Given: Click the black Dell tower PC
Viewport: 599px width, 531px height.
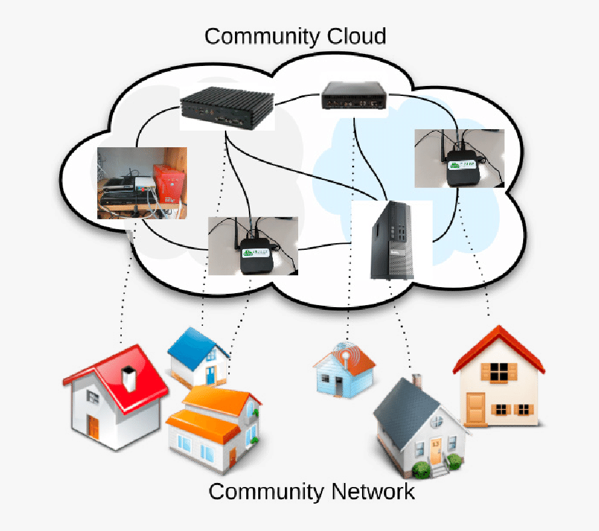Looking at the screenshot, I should coord(391,241).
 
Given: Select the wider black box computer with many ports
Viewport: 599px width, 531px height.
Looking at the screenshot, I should coord(227,108).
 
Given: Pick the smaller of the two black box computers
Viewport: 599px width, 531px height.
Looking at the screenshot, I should coord(355,97).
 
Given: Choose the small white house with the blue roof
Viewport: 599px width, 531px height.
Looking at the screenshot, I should coord(200,356).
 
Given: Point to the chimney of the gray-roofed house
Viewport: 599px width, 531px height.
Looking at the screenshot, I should coord(417,380).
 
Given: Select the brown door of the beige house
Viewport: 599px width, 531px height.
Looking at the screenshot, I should coord(475,406).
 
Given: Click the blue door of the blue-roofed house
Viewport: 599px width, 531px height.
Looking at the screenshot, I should coord(210,375).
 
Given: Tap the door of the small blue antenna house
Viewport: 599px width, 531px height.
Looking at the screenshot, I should coord(339,386).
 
